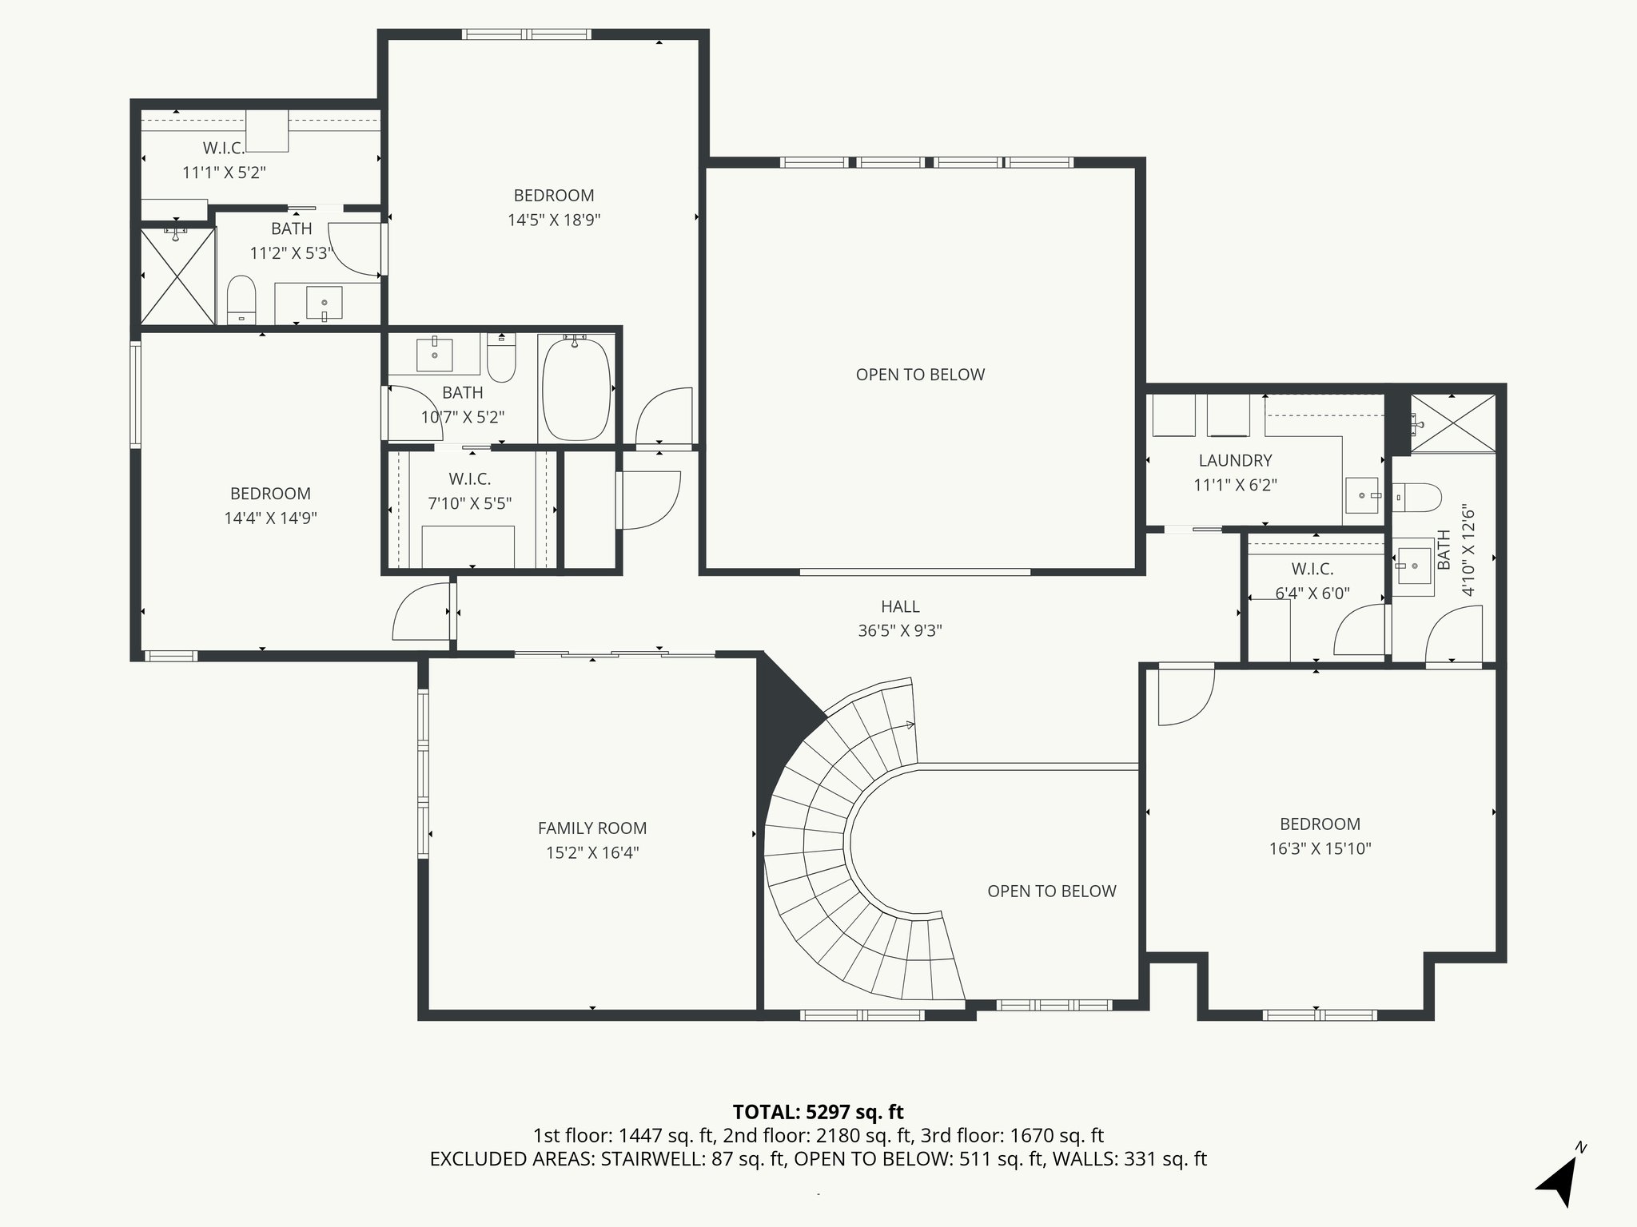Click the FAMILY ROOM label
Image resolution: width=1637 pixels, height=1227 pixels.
(x=591, y=828)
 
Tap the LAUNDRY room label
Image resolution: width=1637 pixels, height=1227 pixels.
(x=1235, y=460)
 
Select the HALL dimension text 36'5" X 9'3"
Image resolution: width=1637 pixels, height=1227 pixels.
(x=900, y=630)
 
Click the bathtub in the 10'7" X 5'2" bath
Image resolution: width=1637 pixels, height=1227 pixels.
(x=576, y=389)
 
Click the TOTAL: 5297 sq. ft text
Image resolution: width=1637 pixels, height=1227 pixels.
(x=818, y=1111)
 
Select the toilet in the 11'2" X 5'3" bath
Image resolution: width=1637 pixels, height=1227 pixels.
(x=241, y=300)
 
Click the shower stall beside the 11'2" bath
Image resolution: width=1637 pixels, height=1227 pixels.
(x=177, y=276)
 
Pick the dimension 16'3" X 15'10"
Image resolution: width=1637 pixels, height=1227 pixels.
(x=1320, y=848)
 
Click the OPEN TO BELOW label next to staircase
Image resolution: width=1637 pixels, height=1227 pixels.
(x=1051, y=891)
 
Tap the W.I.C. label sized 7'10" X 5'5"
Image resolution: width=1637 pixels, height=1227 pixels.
(x=469, y=478)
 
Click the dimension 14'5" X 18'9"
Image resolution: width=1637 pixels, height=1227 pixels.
(x=554, y=220)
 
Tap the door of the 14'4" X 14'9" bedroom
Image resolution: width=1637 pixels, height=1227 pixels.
(x=420, y=613)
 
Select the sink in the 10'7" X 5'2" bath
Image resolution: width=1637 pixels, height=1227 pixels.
(x=435, y=355)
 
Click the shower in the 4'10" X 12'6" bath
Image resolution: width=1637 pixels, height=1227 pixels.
(x=1452, y=423)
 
